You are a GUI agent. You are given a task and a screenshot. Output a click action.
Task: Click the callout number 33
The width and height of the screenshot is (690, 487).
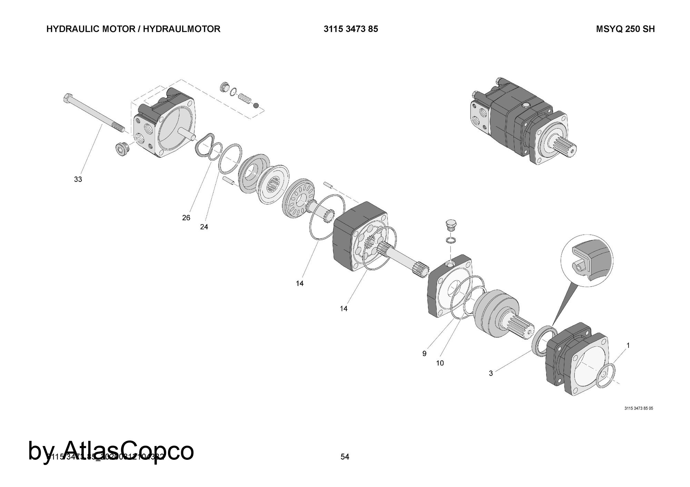click(78, 179)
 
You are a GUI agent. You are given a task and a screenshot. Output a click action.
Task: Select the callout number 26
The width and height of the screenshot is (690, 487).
click(186, 218)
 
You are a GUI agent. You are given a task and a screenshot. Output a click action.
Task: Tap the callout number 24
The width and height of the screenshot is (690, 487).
click(204, 227)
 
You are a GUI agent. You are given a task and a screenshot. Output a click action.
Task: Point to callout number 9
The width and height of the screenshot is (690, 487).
click(424, 354)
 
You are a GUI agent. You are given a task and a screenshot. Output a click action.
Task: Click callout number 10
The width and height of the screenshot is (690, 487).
click(440, 363)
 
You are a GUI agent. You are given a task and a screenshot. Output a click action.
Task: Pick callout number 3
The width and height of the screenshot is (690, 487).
click(491, 373)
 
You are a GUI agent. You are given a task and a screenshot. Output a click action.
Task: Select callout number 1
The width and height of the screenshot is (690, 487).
click(628, 345)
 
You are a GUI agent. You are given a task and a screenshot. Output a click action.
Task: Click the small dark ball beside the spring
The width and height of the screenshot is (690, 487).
click(256, 105)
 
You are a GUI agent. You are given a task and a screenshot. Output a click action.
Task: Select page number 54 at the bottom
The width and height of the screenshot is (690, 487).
click(345, 457)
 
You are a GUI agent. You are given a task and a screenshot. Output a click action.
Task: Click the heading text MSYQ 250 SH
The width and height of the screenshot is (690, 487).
click(625, 29)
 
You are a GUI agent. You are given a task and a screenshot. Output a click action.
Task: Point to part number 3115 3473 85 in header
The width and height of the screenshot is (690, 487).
click(351, 29)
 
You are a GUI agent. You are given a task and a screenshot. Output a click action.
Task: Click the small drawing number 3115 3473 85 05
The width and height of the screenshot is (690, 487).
click(639, 408)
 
